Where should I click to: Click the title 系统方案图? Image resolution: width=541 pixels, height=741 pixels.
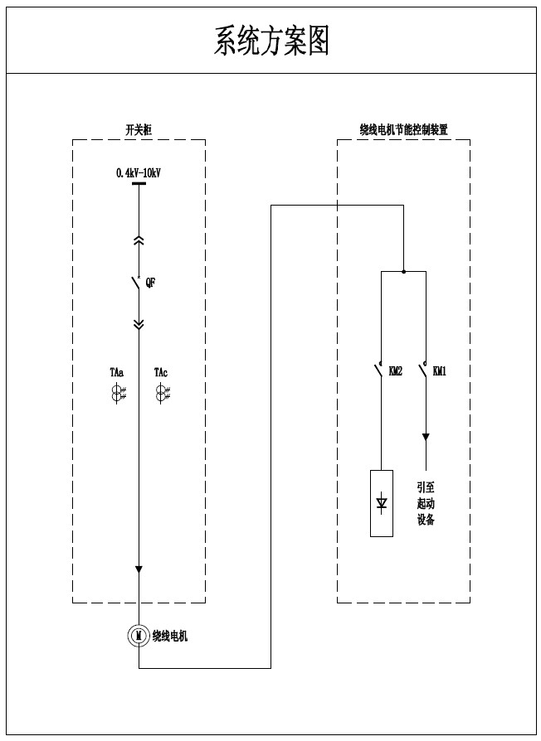pos(271,40)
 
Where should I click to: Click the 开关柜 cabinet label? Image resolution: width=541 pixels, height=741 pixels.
pos(138,130)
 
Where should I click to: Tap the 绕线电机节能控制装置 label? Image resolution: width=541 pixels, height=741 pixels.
pos(403,130)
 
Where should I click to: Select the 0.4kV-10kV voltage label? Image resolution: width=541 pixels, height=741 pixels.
pos(139,172)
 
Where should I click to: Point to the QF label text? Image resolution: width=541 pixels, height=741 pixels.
pos(150,283)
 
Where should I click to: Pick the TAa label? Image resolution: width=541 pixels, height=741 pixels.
pos(116,373)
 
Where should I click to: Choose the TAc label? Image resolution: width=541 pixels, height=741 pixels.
pos(161,373)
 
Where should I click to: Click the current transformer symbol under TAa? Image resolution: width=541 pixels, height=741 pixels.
pos(117,394)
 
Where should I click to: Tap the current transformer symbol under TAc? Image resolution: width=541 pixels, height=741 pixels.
pos(162,394)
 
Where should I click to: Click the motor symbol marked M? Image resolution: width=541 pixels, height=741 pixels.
pos(139,636)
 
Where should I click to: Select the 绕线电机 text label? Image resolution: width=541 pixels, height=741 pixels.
pos(170,637)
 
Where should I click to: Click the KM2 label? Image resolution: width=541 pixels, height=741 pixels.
pos(395,372)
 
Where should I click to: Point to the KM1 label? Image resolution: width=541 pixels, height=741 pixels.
pos(440,372)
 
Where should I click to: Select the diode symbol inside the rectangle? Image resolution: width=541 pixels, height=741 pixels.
pos(382,502)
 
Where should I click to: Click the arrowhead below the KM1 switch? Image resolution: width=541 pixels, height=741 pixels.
pos(426,437)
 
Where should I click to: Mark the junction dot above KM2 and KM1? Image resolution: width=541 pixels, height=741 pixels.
pos(403,271)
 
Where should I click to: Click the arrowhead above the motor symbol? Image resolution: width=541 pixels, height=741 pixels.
pos(139,569)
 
